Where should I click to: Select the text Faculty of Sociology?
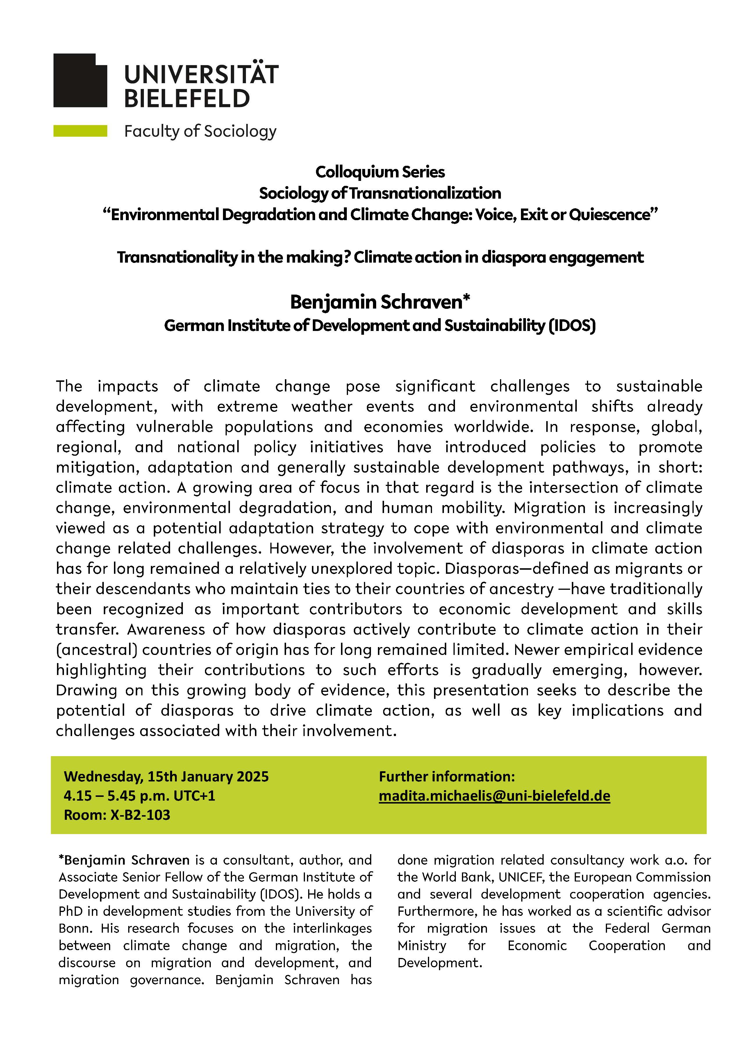[200, 131]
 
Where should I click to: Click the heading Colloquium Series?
[380, 172]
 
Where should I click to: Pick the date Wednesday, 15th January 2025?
[166, 776]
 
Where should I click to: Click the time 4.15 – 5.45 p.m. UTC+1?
[140, 796]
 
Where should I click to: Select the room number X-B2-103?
[140, 815]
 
